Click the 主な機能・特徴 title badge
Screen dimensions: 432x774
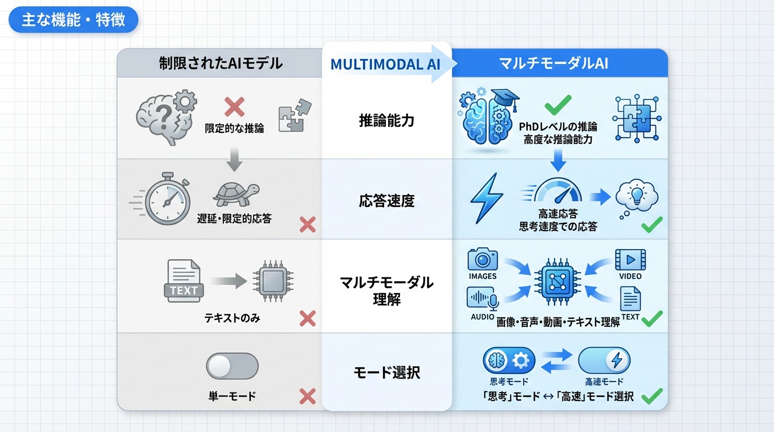click(x=73, y=20)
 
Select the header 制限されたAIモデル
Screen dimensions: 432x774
click(x=220, y=63)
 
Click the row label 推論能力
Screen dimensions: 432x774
click(x=386, y=120)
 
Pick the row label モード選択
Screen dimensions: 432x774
click(x=386, y=372)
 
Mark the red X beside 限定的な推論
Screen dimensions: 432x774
click(x=234, y=106)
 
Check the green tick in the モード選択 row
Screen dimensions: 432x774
click(x=652, y=396)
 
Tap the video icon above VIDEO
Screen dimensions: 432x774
click(x=630, y=260)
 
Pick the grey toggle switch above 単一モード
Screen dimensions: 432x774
click(x=232, y=367)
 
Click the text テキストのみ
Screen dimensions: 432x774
click(x=232, y=318)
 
